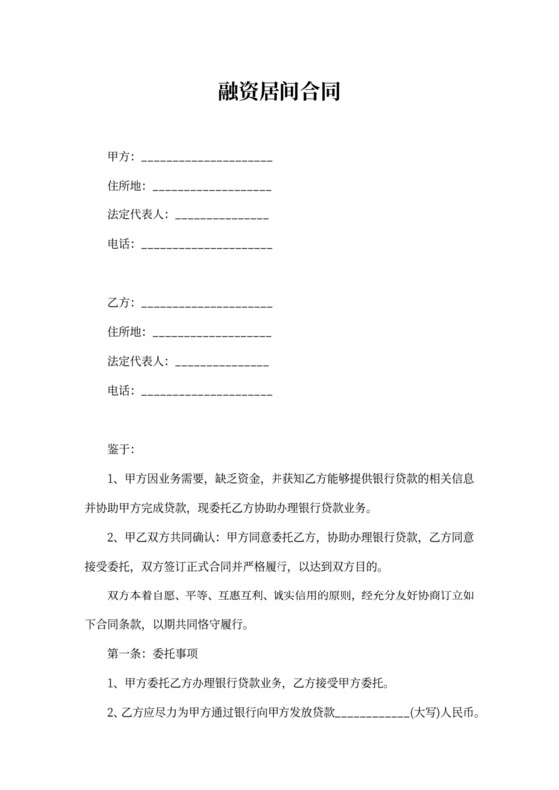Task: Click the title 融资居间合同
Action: [279, 93]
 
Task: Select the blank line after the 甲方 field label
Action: [207, 159]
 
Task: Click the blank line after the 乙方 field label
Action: [207, 304]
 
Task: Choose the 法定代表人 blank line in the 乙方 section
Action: [221, 363]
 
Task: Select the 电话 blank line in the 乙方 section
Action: [207, 393]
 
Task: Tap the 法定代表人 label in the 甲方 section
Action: [138, 215]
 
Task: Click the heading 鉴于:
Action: [120, 448]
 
